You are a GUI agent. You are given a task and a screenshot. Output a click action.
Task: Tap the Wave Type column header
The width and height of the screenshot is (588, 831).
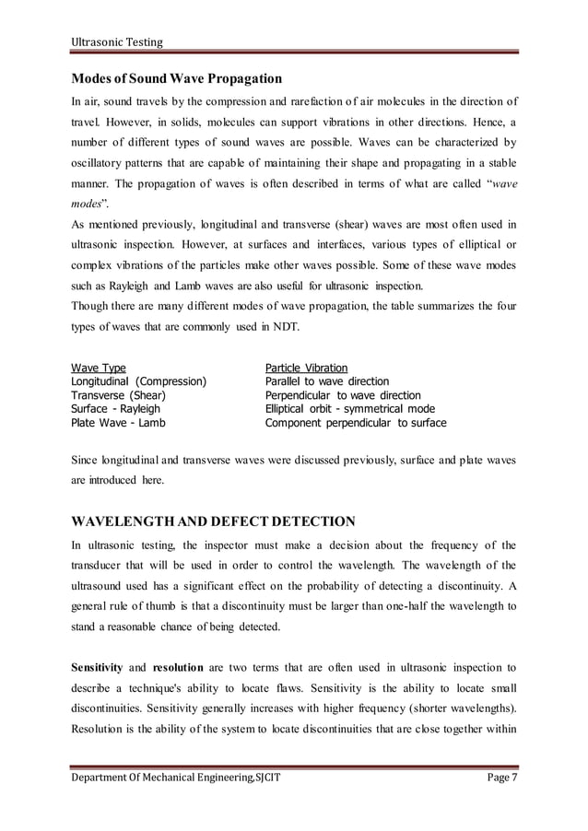tap(99, 368)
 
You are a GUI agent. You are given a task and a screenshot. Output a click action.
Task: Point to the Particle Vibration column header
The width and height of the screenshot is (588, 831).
tap(306, 368)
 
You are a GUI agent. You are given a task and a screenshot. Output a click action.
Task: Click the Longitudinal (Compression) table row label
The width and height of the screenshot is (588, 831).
tap(139, 381)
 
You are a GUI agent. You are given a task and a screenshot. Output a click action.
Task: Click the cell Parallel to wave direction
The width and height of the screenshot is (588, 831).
tap(326, 381)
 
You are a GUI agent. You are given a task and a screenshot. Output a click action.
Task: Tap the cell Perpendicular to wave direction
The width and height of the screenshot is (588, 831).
tap(343, 395)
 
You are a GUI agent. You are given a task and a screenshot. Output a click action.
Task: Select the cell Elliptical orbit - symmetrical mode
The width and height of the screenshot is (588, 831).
tap(349, 409)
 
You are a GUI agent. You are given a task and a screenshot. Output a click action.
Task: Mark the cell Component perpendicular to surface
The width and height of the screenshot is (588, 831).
tap(356, 423)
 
